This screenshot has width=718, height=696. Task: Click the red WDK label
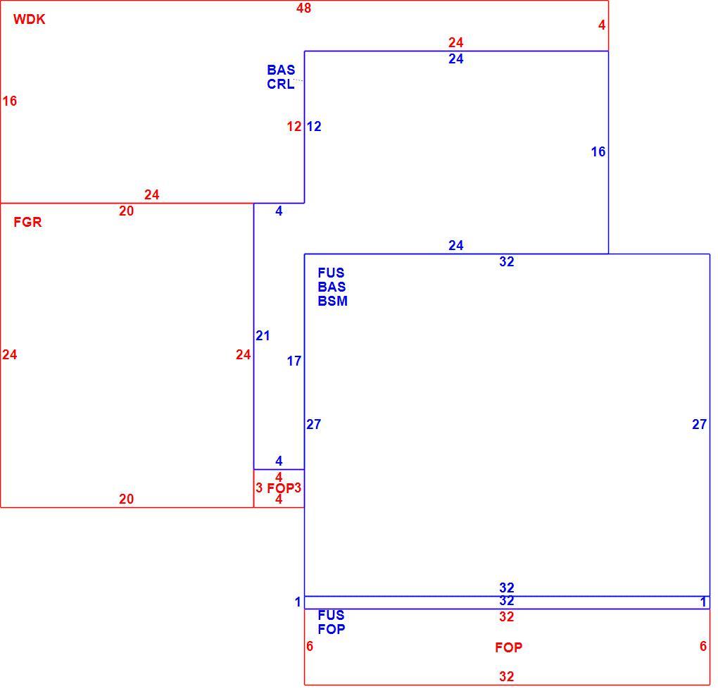(30, 19)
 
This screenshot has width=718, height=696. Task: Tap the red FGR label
(27, 222)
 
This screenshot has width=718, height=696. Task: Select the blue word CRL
(281, 85)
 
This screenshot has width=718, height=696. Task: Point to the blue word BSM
(332, 301)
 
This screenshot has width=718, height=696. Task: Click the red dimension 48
(303, 8)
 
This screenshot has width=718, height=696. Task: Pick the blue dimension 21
(263, 336)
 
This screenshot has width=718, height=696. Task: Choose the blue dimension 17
(294, 361)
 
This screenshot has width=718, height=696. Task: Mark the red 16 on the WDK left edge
(10, 101)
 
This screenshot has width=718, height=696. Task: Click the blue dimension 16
(598, 151)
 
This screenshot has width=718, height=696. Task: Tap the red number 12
(294, 127)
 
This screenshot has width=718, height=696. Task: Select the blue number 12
(314, 127)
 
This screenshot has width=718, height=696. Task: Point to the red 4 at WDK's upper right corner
(602, 25)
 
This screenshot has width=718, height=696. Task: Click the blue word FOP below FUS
(331, 629)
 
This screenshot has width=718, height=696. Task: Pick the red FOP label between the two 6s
(508, 647)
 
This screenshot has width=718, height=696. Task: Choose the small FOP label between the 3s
(280, 488)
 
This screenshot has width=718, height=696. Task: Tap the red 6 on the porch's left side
(310, 646)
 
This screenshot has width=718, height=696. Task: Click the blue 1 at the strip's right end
(703, 602)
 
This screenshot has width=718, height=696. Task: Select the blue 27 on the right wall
(699, 424)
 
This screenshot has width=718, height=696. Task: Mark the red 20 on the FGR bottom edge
(127, 499)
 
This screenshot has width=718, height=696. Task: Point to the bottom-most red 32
(506, 677)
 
